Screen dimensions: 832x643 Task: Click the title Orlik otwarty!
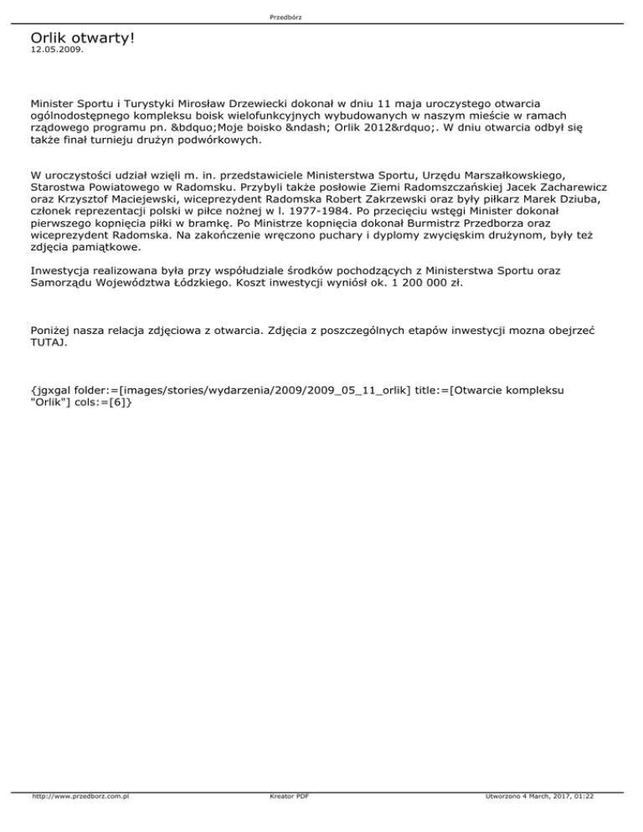pyautogui.click(x=82, y=39)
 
